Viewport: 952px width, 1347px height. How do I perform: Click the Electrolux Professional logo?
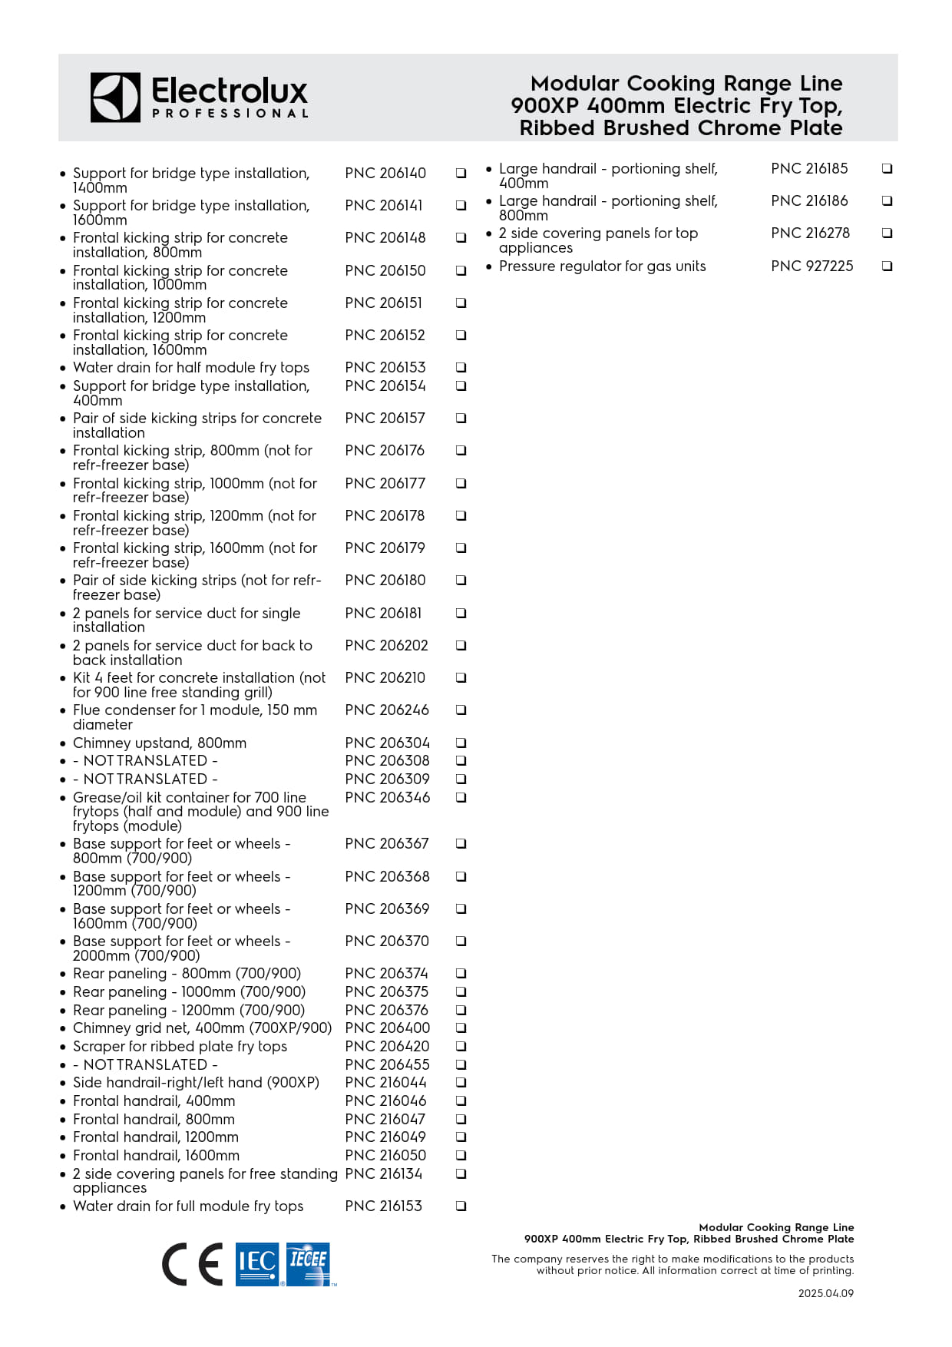pyautogui.click(x=200, y=98)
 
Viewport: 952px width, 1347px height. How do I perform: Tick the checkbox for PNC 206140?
pyautogui.click(x=461, y=174)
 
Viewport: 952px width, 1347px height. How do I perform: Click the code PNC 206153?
pyautogui.click(x=385, y=368)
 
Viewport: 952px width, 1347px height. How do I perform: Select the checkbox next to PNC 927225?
pyautogui.click(x=888, y=266)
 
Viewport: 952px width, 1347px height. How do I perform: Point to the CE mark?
pyautogui.click(x=193, y=1264)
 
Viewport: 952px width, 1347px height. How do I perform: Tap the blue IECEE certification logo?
pyautogui.click(x=309, y=1264)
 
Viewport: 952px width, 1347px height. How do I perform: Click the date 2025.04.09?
pyautogui.click(x=825, y=1293)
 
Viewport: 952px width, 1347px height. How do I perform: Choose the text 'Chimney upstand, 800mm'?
pyautogui.click(x=160, y=743)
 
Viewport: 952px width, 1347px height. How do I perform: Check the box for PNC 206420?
pyautogui.click(x=461, y=1047)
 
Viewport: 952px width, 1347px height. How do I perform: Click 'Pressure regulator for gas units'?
pyautogui.click(x=602, y=266)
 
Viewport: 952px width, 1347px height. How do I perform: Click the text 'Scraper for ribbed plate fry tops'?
pyautogui.click(x=180, y=1047)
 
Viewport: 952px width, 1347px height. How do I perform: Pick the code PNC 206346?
pyautogui.click(x=388, y=798)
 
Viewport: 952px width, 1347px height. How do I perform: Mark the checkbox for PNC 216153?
pyautogui.click(x=461, y=1206)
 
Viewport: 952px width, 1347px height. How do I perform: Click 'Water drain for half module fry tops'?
pyautogui.click(x=191, y=368)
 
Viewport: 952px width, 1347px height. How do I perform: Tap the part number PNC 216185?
pyautogui.click(x=809, y=169)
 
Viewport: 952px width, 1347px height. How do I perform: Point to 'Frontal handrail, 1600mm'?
pyautogui.click(x=156, y=1156)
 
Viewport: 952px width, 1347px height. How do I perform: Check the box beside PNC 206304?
pyautogui.click(x=461, y=743)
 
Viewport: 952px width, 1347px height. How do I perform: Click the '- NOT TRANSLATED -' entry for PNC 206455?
pyautogui.click(x=145, y=1065)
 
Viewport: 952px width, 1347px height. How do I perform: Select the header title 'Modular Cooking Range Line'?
pyautogui.click(x=686, y=84)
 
